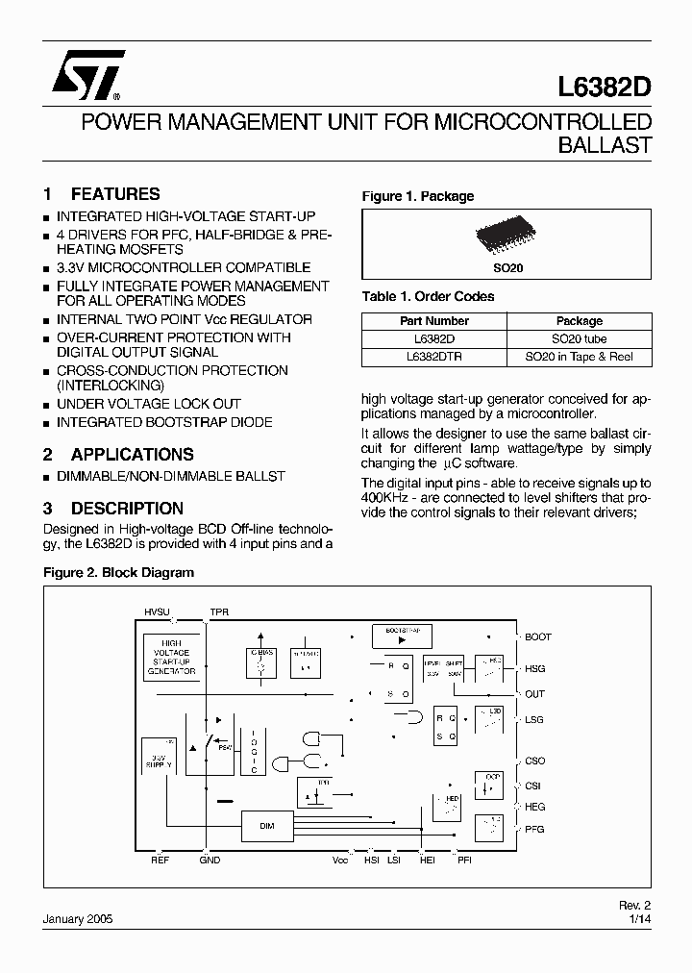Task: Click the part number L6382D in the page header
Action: coord(604,86)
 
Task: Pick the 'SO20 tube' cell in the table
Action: coord(579,338)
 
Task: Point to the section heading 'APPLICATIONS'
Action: coord(132,455)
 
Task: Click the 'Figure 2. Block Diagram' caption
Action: coord(119,572)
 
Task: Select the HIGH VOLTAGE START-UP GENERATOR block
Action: coord(172,658)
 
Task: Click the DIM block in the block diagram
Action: coord(266,824)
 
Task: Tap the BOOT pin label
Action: coord(538,636)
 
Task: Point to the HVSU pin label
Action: coord(156,611)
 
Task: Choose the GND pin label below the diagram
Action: coord(210,860)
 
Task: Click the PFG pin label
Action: coord(535,829)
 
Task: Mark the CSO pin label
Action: coord(535,761)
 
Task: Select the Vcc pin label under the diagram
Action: coord(340,860)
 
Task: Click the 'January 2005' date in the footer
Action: coord(78,919)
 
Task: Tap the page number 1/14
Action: coord(638,919)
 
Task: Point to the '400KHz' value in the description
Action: coord(383,498)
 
